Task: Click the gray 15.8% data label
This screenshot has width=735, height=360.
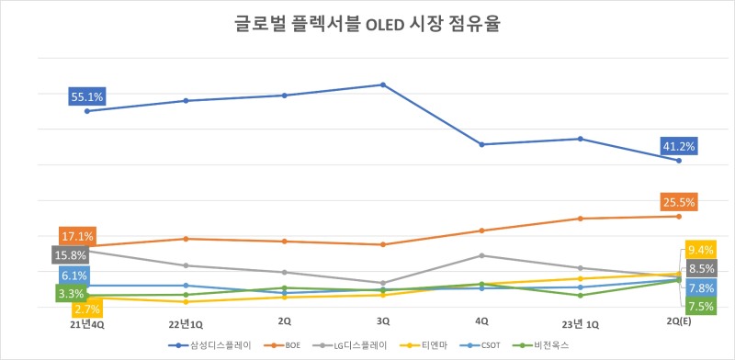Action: coord(69,255)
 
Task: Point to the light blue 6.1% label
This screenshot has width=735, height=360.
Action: coord(73,276)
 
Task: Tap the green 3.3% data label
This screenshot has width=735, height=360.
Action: coord(71,294)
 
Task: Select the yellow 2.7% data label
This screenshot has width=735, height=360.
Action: coord(86,310)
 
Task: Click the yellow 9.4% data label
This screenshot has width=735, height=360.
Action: coord(701,250)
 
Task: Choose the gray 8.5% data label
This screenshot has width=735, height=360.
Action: coord(701,269)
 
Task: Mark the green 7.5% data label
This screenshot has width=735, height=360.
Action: coord(701,307)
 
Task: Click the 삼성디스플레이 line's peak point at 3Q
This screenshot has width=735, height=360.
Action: coord(383,84)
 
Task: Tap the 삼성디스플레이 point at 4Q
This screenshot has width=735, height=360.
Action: coord(481,144)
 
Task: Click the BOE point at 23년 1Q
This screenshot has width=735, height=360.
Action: coord(580,219)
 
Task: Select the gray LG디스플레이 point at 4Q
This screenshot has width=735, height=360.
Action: coord(481,255)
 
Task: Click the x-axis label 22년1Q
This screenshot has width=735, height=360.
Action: coord(186,323)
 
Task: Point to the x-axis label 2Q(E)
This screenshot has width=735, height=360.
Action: coord(679,323)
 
